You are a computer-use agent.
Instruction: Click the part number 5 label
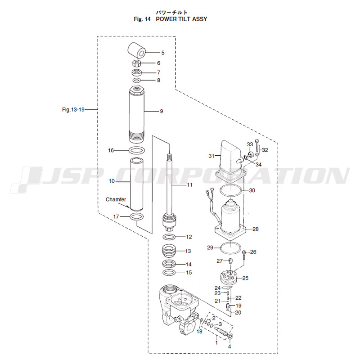click(163, 53)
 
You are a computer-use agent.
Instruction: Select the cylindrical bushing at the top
click(137, 49)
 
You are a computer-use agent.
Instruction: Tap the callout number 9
click(161, 112)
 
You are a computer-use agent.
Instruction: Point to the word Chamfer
click(116, 199)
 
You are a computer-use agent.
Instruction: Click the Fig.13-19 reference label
click(73, 109)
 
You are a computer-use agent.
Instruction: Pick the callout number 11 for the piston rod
click(189, 185)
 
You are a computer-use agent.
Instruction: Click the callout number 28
click(255, 229)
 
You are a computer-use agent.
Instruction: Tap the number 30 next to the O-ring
click(252, 190)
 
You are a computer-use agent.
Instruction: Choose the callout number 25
click(245, 278)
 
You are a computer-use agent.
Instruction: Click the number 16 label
click(111, 150)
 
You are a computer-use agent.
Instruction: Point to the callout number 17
click(116, 216)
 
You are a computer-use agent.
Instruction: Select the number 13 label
click(189, 251)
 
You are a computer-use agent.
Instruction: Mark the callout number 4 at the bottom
click(229, 346)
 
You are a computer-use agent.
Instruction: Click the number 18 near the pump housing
click(199, 331)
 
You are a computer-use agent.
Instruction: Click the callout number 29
click(210, 248)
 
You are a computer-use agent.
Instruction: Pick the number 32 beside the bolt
click(265, 149)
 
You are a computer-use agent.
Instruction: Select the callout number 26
click(253, 252)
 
